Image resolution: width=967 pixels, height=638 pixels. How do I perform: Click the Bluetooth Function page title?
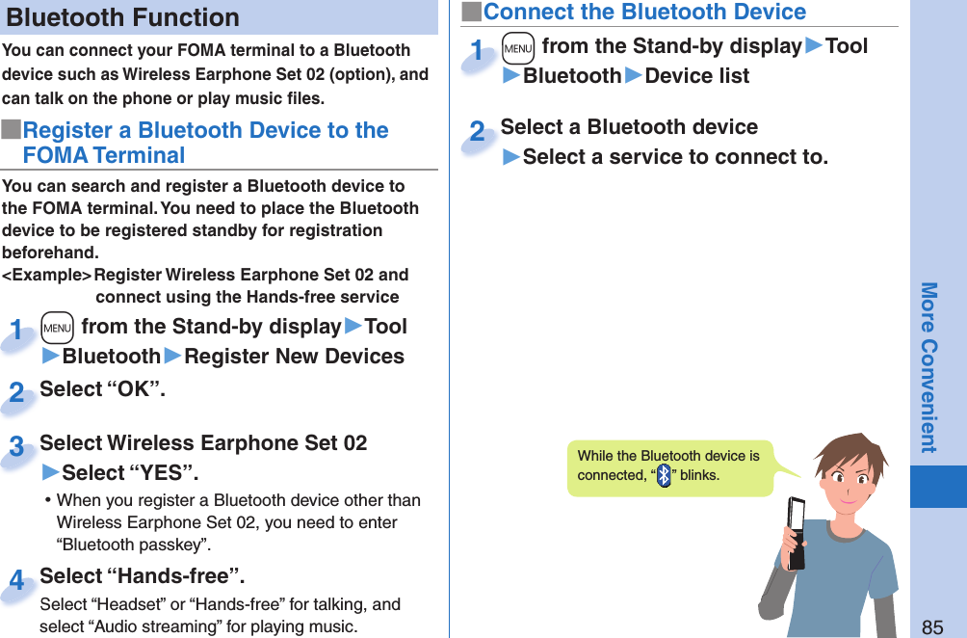pos(123,17)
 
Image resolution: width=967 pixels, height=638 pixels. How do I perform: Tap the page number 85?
pos(932,627)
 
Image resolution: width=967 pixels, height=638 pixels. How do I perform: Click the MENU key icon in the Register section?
pos(58,328)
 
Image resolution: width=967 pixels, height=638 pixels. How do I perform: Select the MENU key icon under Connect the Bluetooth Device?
pos(518,47)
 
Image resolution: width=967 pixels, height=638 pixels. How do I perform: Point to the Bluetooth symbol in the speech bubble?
pos(664,476)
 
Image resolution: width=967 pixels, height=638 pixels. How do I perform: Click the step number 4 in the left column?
pos(16,581)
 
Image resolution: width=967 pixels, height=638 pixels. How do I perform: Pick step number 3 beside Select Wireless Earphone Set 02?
pos(16,448)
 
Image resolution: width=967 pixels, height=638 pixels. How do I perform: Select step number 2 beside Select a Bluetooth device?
pos(477,132)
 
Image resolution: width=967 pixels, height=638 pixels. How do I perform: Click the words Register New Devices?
pos(294,357)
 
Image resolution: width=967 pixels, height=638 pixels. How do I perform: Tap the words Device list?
pos(696,76)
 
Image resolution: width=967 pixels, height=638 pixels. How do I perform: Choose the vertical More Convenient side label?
pos(928,366)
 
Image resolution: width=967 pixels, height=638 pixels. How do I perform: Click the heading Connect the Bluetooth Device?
pos(643,13)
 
